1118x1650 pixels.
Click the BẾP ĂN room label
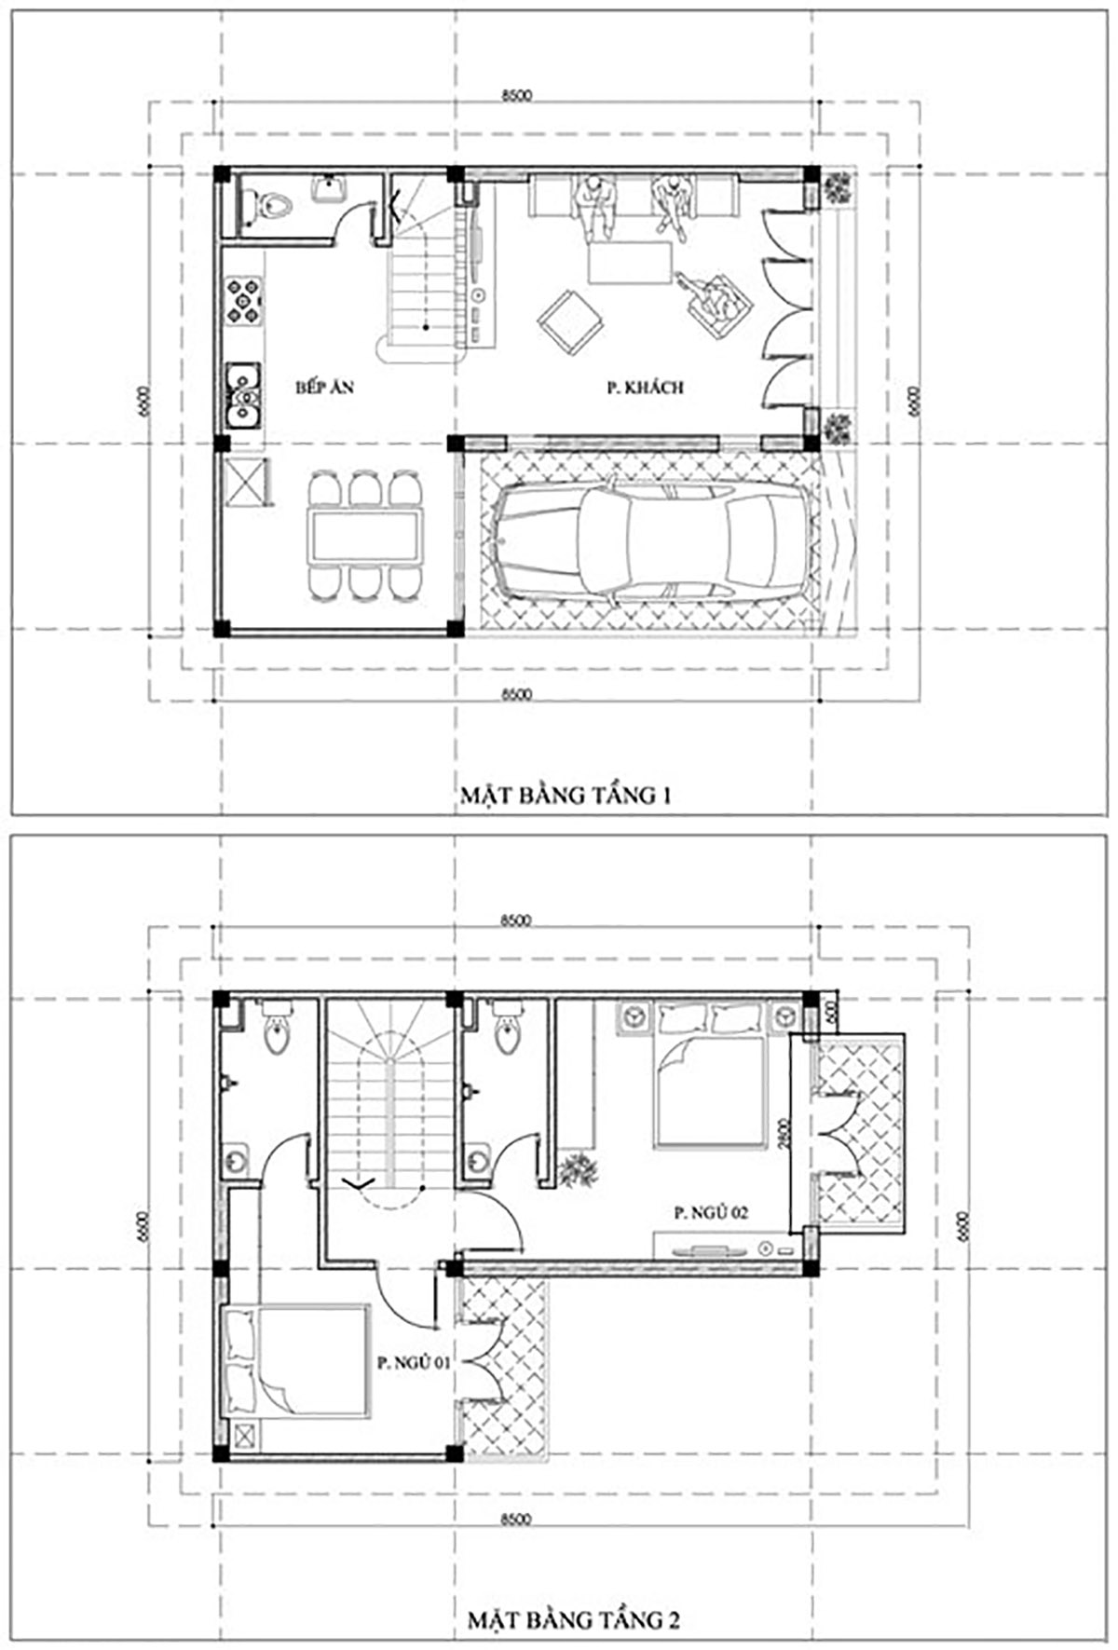tap(324, 388)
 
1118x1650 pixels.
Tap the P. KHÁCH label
tap(645, 388)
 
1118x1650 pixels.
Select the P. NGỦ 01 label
tap(413, 1362)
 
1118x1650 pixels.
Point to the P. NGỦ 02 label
tap(711, 1212)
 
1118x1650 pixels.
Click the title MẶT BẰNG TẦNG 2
tap(573, 1619)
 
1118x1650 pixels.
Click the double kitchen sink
tap(244, 392)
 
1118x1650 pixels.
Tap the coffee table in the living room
tap(630, 262)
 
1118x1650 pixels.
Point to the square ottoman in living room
tap(569, 321)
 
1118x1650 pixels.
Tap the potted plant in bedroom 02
tap(579, 1168)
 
